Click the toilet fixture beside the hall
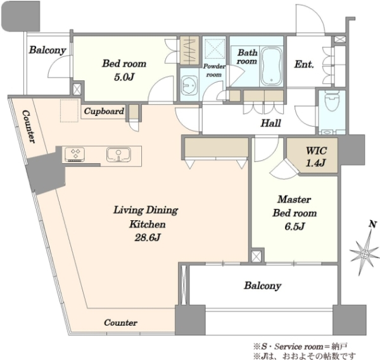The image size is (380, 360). tap(331, 101)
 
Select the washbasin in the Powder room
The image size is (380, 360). tap(189, 85)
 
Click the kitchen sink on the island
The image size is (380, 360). tap(118, 154)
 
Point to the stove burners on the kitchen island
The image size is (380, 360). tap(75, 154)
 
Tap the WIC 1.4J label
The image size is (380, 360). tap(316, 157)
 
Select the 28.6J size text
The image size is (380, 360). tap(148, 238)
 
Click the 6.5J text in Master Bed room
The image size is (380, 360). tap(294, 227)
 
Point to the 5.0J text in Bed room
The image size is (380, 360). tap(124, 77)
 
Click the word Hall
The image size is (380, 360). tap(270, 123)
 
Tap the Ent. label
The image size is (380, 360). tap(304, 64)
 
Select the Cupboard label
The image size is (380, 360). tap(104, 111)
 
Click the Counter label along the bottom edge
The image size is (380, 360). tap(121, 323)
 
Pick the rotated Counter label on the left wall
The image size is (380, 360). tap(29, 127)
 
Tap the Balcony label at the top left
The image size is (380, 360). tap(47, 50)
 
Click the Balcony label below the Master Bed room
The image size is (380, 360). tap(263, 286)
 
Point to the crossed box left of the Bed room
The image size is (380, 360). tap(77, 89)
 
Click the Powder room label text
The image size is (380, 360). tap(214, 70)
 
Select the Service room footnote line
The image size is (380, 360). tap(301, 347)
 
